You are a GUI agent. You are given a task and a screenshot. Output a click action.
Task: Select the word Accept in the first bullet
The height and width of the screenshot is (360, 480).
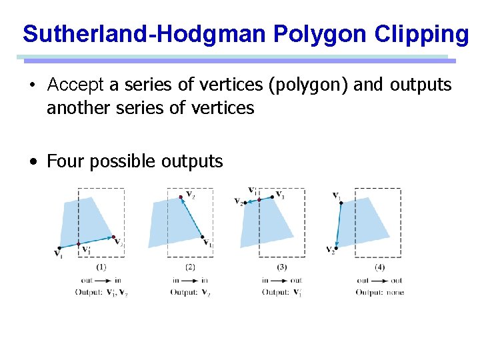pos(75,85)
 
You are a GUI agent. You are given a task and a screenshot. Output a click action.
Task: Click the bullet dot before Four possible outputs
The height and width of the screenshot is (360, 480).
pos(33,162)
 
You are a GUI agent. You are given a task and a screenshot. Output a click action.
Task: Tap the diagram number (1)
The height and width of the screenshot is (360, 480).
pos(101,267)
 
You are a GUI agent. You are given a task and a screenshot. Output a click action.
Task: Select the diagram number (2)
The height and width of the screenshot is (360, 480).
pos(190,267)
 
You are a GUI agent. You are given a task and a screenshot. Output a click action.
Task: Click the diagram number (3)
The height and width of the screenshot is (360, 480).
pos(282,267)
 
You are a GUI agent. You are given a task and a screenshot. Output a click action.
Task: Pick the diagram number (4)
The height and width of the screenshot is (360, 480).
pos(379,267)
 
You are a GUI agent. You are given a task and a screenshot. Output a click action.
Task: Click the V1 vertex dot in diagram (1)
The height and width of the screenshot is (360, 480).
pos(60,247)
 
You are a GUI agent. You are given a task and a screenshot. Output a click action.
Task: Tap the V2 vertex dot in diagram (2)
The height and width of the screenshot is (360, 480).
pos(181,197)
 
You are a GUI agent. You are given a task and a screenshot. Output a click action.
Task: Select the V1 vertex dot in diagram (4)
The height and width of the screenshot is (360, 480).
pos(341,202)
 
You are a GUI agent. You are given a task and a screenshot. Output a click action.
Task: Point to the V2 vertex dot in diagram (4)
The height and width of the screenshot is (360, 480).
pos(336,245)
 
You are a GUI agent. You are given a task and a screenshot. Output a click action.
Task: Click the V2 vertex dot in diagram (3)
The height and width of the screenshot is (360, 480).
pos(244,201)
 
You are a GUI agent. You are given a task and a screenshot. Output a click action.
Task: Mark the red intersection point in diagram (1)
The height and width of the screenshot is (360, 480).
pos(79,243)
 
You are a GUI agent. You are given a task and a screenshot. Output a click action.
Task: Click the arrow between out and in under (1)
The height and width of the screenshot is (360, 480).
pos(104,280)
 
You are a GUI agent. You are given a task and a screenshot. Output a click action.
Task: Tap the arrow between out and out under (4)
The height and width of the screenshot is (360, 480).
pos(379,280)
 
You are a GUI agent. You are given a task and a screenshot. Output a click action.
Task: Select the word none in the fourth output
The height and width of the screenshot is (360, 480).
pos(395,292)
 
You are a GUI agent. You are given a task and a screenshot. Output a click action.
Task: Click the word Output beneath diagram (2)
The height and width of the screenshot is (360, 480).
pos(183,292)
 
